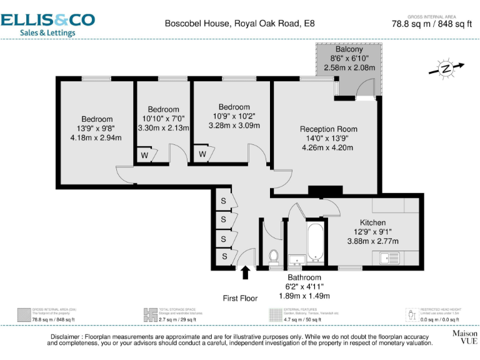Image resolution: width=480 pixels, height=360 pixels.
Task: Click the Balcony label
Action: [x=349, y=49]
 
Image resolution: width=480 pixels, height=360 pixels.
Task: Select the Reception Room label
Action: [x=328, y=129]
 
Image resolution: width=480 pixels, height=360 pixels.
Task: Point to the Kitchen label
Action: [x=372, y=222]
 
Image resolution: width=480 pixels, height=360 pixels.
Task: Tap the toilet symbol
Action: [x=273, y=257]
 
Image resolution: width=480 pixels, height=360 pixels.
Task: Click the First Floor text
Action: [x=241, y=298]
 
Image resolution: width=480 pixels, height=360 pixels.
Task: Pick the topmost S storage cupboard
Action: [x=223, y=201]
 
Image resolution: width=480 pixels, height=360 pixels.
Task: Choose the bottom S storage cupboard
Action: [x=223, y=256]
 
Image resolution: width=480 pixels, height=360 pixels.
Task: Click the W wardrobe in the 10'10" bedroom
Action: [x=145, y=155]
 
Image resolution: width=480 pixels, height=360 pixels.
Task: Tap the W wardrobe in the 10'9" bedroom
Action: [x=202, y=154]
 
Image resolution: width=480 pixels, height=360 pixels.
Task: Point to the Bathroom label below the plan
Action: [x=304, y=277]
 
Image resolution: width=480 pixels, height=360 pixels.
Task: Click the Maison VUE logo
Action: [x=464, y=337]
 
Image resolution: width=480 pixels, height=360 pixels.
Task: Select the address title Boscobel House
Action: [x=240, y=24]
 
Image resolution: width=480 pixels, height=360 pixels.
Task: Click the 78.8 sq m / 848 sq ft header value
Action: [x=431, y=25]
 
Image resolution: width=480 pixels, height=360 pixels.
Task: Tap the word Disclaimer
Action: [x=66, y=337]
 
